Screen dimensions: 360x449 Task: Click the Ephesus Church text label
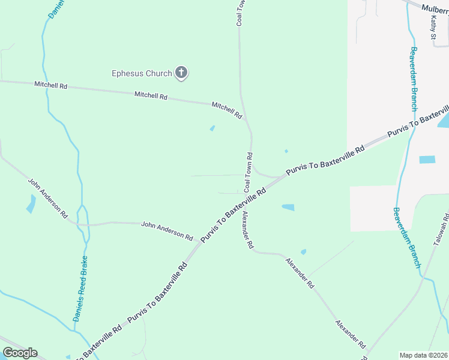click(142, 74)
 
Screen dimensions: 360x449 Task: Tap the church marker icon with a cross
click(181, 73)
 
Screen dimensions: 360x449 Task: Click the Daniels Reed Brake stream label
click(80, 289)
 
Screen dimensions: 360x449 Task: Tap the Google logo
click(20, 353)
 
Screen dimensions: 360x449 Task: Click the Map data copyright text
click(423, 355)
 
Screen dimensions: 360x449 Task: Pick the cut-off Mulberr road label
click(435, 8)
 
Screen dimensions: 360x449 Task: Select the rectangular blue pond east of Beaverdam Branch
click(427, 160)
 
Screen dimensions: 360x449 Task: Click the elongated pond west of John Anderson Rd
click(31, 205)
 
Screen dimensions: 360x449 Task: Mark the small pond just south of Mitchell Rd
click(212, 128)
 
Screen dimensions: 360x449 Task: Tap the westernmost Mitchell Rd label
click(50, 86)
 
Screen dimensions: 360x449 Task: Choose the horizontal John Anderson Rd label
click(166, 229)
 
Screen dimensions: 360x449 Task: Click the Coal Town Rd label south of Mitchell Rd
click(248, 172)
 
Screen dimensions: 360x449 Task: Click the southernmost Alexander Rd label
click(351, 334)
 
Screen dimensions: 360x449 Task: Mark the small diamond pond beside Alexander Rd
click(303, 252)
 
